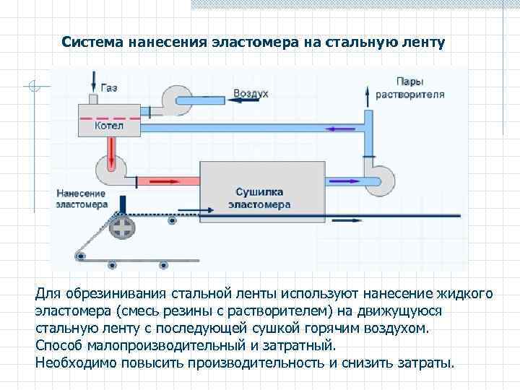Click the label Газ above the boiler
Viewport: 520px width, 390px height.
tap(109, 87)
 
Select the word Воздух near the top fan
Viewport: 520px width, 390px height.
tap(251, 94)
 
